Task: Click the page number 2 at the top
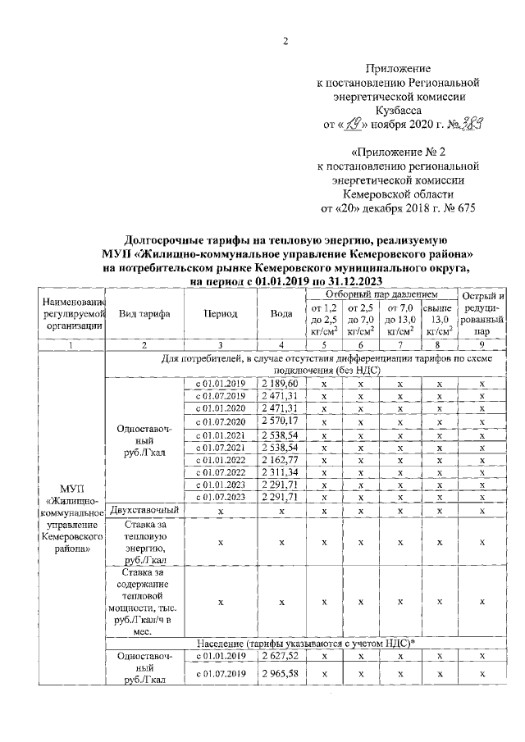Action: pyautogui.click(x=286, y=43)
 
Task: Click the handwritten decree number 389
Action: pyautogui.click(x=468, y=124)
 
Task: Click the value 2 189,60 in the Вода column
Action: pyautogui.click(x=281, y=384)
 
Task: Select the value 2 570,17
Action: pyautogui.click(x=281, y=421)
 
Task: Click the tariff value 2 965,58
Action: pyautogui.click(x=281, y=674)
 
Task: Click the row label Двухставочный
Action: pyautogui.click(x=144, y=510)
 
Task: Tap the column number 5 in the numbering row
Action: pyautogui.click(x=324, y=345)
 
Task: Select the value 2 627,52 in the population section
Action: pyautogui.click(x=281, y=656)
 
